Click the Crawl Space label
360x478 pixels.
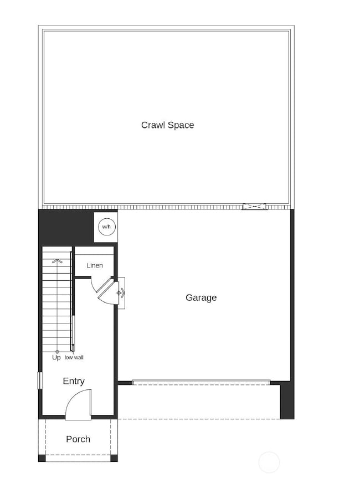pos(167,125)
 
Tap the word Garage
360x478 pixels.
pos(201,298)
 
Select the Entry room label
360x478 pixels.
pos(74,381)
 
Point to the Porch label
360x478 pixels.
pos(78,439)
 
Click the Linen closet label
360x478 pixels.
pos(95,266)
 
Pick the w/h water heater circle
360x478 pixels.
pos(105,227)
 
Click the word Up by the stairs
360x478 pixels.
pos(56,358)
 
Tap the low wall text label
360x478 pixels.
pos(74,358)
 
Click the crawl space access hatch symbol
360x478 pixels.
pos(255,207)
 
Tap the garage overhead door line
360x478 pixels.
pos(201,382)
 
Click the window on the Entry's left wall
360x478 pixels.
pos(39,381)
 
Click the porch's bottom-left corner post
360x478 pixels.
pos(42,458)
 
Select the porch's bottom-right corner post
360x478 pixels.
pos(114,458)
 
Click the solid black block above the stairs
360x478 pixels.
pos(64,227)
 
